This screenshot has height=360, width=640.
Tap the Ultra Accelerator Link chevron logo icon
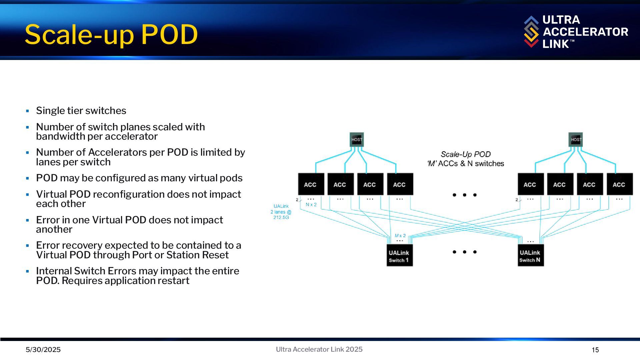531,32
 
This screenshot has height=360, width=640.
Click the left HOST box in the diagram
357,140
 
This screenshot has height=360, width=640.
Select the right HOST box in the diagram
576,140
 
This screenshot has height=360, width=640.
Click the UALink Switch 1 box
399,256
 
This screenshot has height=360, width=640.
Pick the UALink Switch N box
530,256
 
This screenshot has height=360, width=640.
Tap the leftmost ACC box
311,184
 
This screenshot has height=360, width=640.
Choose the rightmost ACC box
619,184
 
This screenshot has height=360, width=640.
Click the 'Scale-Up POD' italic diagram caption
465,154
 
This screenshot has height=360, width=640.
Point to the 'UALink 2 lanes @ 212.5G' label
281,212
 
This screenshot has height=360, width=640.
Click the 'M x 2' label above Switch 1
400,236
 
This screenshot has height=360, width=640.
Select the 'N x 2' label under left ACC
311,205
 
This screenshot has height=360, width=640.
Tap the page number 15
595,350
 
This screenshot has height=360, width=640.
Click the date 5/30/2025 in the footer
43,350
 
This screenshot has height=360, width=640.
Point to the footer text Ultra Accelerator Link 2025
319,349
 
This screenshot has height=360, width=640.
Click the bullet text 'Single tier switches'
81,111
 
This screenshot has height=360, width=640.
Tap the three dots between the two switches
464,252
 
